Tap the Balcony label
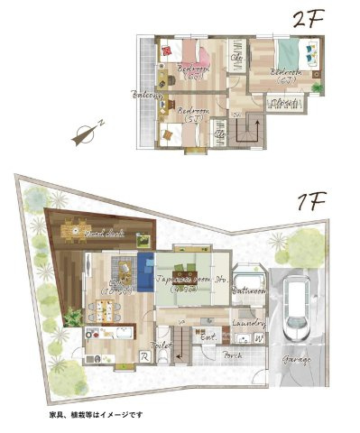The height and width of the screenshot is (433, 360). pyautogui.click(x=147, y=94)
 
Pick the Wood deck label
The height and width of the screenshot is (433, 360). pyautogui.click(x=98, y=235)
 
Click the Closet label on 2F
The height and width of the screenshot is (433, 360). pyautogui.click(x=284, y=104)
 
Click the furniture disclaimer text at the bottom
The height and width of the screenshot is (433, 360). pyautogui.click(x=97, y=414)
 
